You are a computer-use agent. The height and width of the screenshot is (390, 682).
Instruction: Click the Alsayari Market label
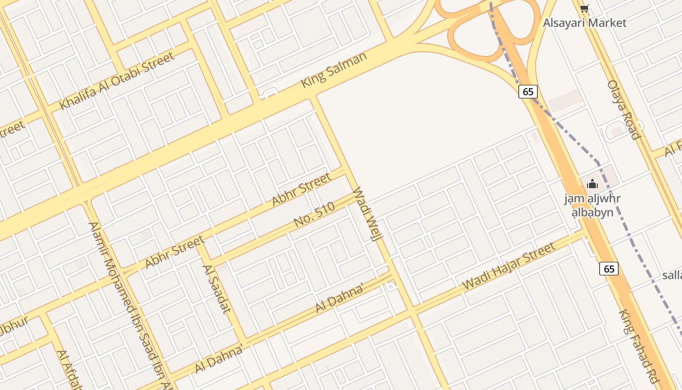(585, 22)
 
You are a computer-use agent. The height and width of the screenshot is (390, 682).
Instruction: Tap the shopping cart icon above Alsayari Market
(585, 8)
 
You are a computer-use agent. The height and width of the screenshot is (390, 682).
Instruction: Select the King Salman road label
(334, 70)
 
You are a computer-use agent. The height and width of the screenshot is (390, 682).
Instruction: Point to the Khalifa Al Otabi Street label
(116, 81)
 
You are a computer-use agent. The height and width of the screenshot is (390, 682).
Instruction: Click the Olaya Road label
(623, 110)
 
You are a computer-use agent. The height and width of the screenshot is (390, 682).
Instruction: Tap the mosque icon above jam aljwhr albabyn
(592, 184)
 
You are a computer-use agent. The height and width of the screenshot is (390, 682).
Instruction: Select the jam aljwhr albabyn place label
(592, 206)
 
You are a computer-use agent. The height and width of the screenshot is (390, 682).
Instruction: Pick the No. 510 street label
(315, 215)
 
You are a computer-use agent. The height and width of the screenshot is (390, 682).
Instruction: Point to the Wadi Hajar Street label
(509, 266)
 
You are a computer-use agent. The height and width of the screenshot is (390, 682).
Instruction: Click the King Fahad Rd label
(638, 347)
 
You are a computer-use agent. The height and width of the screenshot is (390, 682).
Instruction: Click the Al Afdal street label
(68, 370)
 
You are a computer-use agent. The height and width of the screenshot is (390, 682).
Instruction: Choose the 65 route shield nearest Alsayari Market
(528, 91)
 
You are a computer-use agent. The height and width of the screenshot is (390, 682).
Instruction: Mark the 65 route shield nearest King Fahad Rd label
(609, 269)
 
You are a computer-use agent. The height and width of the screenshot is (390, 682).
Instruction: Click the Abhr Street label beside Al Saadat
(175, 252)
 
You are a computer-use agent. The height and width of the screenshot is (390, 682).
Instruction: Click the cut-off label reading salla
(672, 275)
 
